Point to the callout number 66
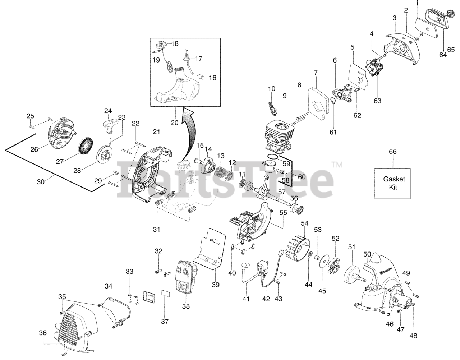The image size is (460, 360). [x=392, y=152]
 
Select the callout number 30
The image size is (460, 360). [x=41, y=182]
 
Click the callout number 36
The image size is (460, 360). [x=43, y=333]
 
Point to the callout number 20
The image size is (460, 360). [x=174, y=123]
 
